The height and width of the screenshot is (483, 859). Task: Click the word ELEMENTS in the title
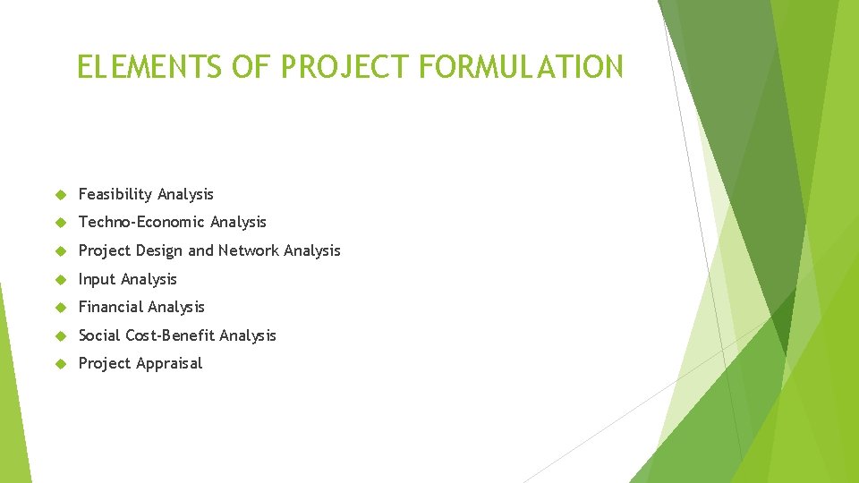129,66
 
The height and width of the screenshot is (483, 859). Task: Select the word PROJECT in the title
342,66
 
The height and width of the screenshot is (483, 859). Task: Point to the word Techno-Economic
141,222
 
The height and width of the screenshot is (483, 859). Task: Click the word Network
248,250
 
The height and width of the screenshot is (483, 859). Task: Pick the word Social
99,335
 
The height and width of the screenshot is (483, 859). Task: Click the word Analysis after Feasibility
185,194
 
